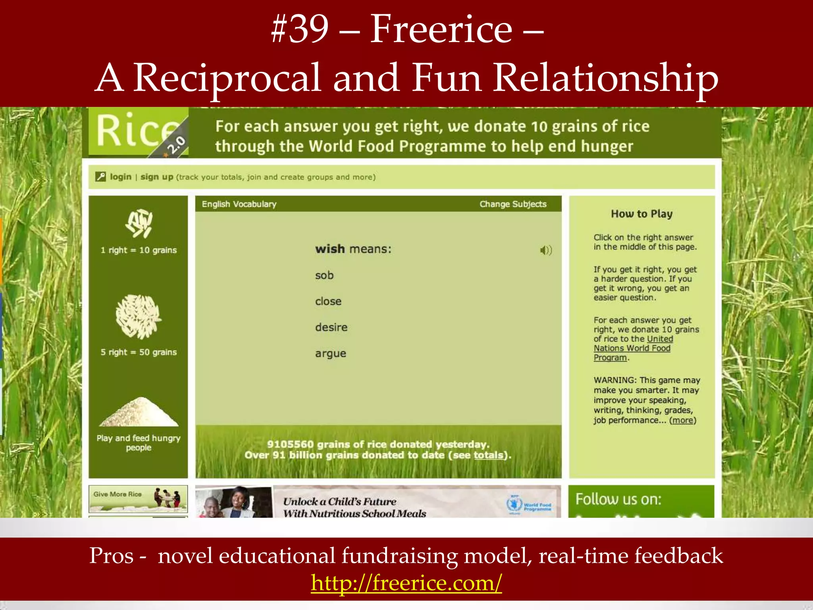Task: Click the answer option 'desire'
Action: pos(331,327)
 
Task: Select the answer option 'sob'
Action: pos(324,275)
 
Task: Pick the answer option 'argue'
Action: pos(331,353)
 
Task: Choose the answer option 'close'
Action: pos(328,301)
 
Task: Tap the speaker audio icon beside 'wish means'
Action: pos(546,250)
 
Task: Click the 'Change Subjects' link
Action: pos(513,204)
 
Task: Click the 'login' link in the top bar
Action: pos(121,177)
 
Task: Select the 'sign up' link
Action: pos(157,177)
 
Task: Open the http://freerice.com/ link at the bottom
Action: pos(406,583)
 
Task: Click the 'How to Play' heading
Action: pos(642,214)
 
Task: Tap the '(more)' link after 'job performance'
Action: pos(683,420)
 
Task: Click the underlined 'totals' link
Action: pos(488,455)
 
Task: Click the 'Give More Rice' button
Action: pos(138,499)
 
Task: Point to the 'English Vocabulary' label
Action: pos(239,204)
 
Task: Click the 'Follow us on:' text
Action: pos(618,499)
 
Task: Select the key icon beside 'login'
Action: pos(101,177)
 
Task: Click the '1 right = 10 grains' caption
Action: pos(139,250)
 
